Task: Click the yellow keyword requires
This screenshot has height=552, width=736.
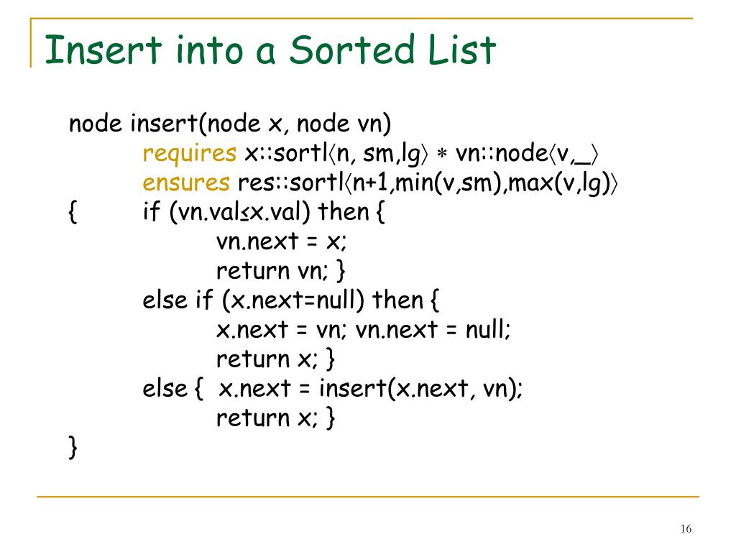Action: point(190,153)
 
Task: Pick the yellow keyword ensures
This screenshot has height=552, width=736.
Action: point(185,183)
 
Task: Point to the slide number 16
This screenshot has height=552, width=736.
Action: point(685,529)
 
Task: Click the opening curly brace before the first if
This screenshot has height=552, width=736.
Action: point(73,213)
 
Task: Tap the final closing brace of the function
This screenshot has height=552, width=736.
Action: point(73,448)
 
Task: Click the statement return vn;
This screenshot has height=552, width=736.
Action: point(272,271)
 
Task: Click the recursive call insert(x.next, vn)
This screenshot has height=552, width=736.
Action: point(420,389)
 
